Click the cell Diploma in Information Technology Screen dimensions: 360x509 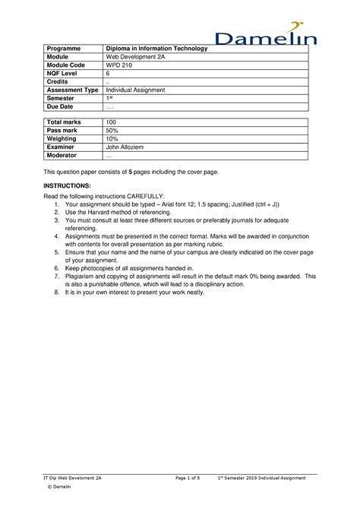[156, 49]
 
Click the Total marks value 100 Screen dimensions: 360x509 [112, 122]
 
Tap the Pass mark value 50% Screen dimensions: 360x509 [112, 131]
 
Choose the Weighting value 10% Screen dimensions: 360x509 [112, 139]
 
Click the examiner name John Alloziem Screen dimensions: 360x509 [128, 147]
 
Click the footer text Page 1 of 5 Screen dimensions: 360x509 [187, 478]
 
